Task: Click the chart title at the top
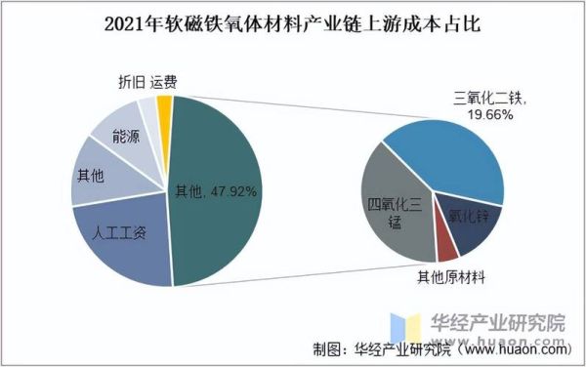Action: pos(292,21)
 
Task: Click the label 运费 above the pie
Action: pos(164,84)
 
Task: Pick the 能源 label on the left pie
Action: pos(128,138)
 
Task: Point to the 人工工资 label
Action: pos(119,233)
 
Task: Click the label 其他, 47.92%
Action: pos(215,191)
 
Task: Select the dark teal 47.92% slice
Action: pos(220,224)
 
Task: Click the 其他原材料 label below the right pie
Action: pos(451,277)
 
